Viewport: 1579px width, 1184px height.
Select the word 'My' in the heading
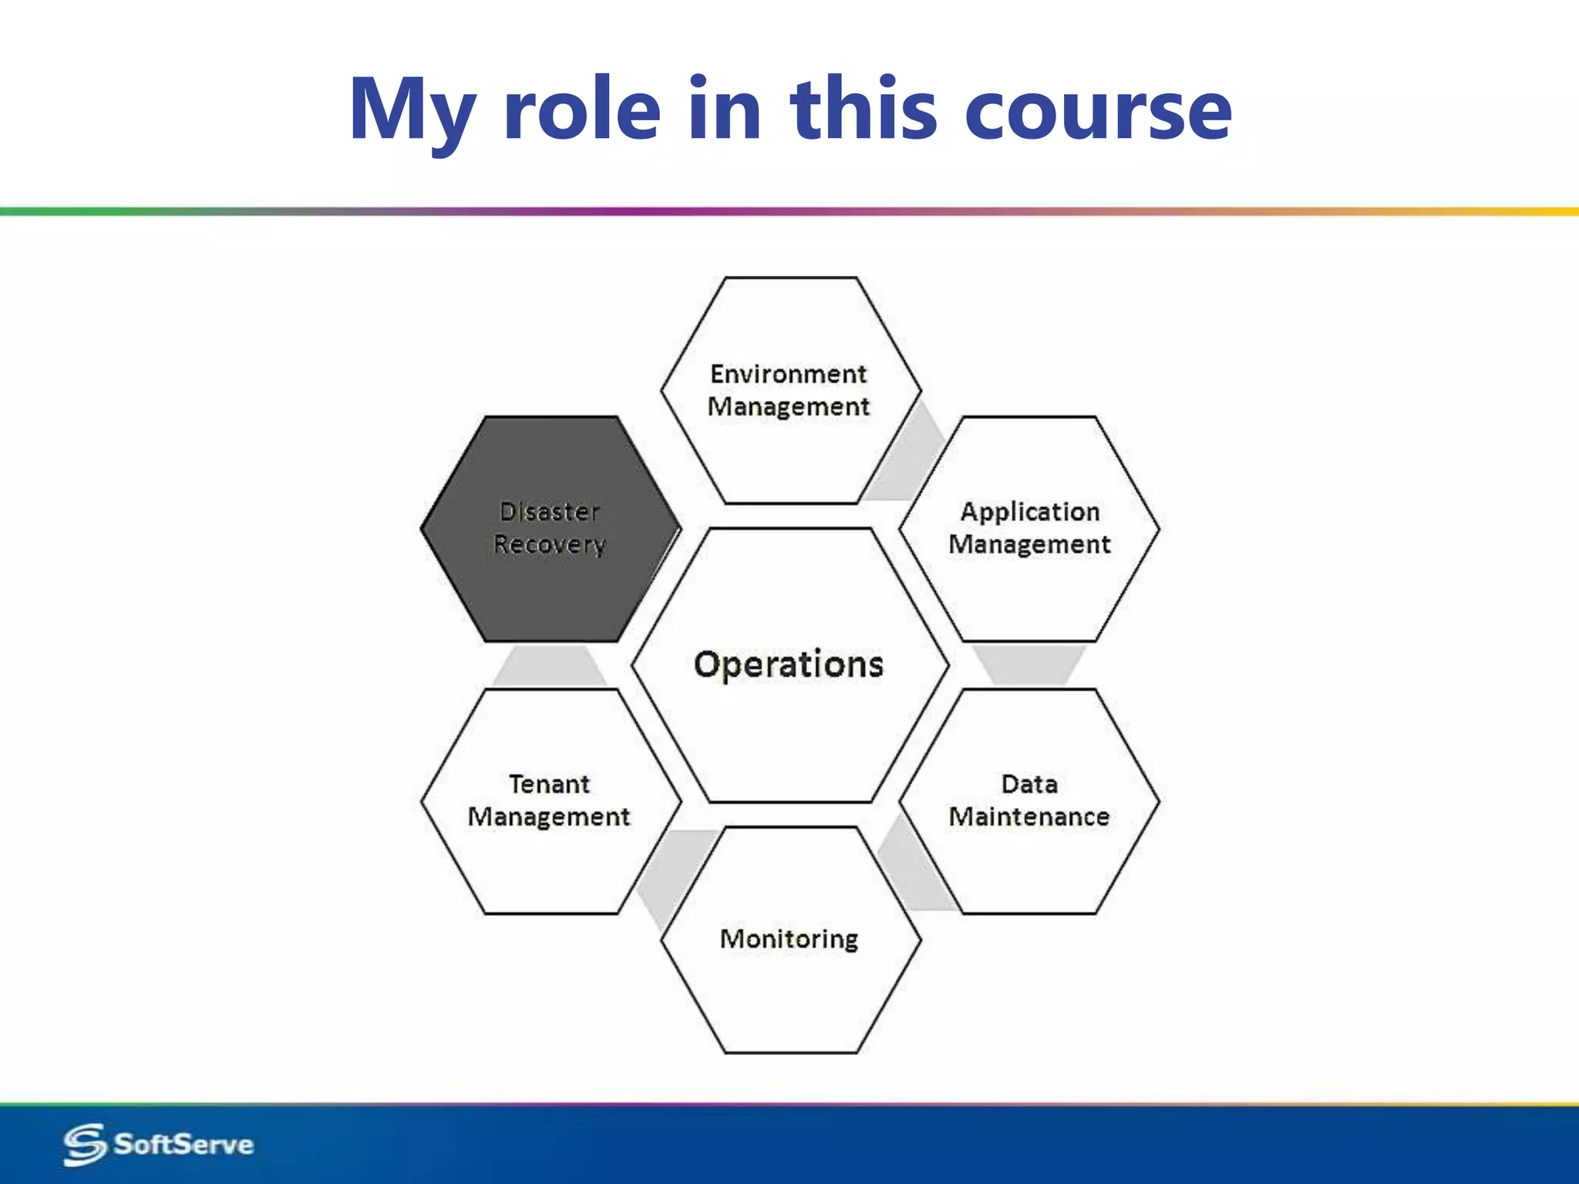412,109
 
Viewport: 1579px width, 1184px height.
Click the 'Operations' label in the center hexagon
788,664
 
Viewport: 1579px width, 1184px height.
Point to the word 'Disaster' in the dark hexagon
549,512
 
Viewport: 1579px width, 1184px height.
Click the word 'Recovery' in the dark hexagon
549,544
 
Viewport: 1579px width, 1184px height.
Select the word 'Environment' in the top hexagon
788,374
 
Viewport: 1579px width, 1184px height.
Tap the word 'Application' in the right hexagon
1029,512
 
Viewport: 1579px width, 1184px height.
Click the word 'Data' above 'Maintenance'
1029,784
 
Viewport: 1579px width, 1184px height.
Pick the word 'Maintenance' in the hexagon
1029,816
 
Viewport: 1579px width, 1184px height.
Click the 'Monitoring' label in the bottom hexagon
788,939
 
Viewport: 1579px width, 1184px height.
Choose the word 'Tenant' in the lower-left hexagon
549,784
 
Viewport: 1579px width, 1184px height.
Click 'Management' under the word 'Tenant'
549,816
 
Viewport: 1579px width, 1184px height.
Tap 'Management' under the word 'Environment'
788,406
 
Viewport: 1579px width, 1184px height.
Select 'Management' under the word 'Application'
1029,544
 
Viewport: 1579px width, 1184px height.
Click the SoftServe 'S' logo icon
84,1144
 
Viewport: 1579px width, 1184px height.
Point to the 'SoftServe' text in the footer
183,1144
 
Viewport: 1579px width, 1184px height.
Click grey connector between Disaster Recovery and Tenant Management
549,666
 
